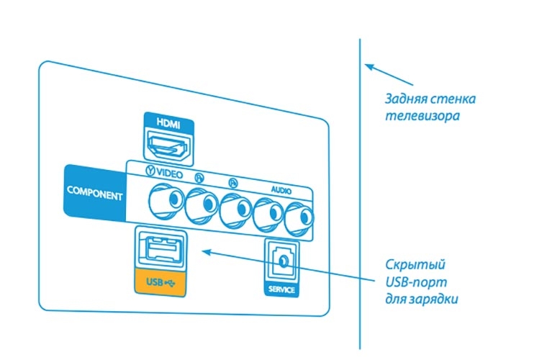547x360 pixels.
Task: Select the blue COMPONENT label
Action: (x=94, y=194)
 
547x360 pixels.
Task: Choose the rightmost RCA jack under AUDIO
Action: (x=299, y=216)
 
